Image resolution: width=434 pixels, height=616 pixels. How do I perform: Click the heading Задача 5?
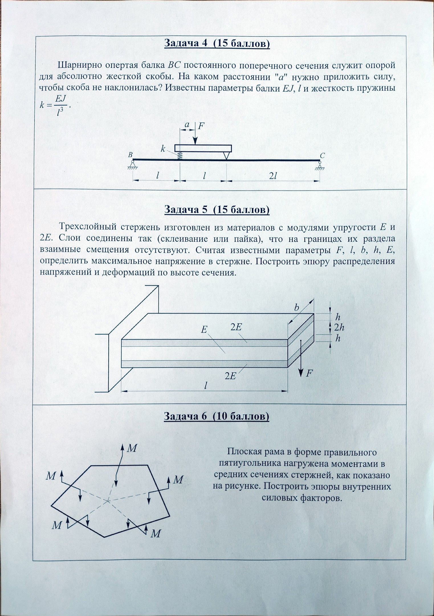point(217,210)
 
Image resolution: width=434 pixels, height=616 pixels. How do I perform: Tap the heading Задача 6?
point(216,417)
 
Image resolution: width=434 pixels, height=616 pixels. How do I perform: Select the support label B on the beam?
point(130,155)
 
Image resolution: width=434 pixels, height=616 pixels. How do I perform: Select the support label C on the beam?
point(322,155)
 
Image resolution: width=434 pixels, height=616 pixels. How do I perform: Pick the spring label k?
point(163,149)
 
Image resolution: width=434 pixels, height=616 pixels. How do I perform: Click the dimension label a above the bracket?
point(187,124)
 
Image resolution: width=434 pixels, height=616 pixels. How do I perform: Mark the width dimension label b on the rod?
point(297,308)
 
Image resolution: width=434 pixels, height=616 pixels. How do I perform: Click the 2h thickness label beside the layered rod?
point(339,328)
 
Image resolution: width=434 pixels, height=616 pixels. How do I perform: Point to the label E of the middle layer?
point(204,330)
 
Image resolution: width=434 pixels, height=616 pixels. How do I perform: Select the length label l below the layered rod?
point(205,386)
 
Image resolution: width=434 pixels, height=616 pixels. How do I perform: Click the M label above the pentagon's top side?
point(132,448)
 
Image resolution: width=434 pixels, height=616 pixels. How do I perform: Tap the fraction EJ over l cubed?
point(60,105)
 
